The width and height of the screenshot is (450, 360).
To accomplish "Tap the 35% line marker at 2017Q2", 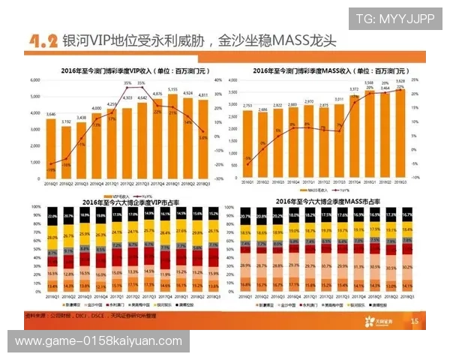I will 127,88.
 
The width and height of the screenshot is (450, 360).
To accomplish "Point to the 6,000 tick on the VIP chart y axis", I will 35,80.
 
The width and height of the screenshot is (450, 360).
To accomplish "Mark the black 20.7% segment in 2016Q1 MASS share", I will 245,217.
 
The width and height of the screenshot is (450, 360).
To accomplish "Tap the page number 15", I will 414,320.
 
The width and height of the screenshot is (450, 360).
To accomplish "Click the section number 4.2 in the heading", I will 43,41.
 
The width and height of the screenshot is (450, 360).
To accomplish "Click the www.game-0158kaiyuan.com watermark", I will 98,341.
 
